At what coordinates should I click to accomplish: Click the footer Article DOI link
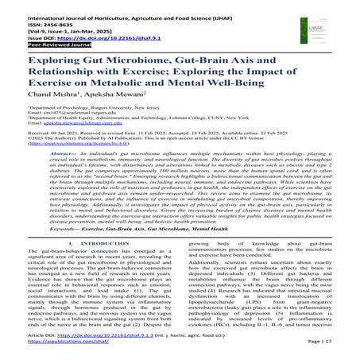(103, 339)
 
